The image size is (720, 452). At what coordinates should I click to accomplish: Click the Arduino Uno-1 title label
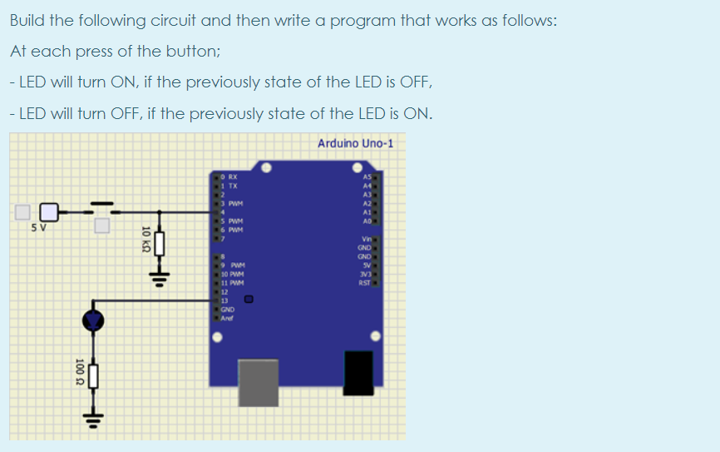[355, 143]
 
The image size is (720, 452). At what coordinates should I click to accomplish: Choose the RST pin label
[364, 283]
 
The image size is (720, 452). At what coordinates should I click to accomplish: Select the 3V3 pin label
[364, 275]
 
